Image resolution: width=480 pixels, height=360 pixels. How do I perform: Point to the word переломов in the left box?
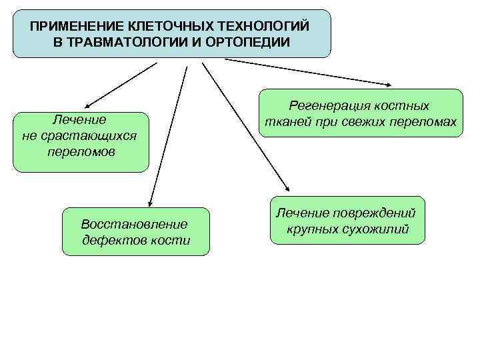point(81,152)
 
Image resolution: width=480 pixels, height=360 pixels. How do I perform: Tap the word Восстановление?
point(134,224)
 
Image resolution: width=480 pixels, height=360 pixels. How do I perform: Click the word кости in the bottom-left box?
point(171,240)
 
